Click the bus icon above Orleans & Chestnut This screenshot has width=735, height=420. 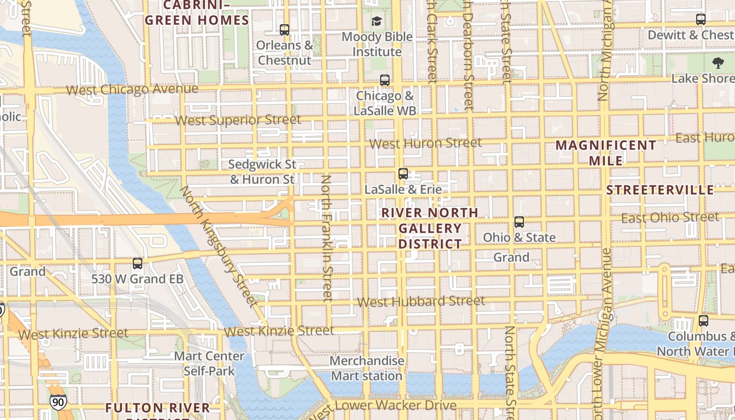[285, 30]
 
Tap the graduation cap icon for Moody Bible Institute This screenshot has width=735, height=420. [377, 22]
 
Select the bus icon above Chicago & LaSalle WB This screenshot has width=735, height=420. [385, 80]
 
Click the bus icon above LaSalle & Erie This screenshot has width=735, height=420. [403, 174]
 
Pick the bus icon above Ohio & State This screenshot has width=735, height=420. [519, 222]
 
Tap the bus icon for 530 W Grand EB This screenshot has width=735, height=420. [138, 263]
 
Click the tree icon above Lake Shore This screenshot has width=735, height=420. [718, 64]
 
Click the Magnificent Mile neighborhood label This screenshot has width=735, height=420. [606, 152]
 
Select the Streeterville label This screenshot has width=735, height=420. [660, 190]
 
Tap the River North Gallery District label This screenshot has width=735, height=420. [430, 228]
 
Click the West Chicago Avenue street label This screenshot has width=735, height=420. [132, 89]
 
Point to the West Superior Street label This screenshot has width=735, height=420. [238, 120]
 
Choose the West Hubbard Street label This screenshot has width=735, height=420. [421, 301]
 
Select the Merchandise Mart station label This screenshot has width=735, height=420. [367, 368]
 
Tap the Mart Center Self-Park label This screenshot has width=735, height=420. [209, 363]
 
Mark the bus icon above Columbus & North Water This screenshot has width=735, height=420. [703, 321]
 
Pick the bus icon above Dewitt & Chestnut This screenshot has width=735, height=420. [700, 19]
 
